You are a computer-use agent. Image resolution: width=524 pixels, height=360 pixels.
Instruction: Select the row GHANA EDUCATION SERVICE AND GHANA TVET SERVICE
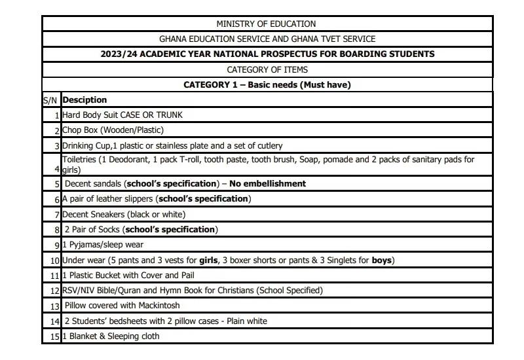pos(267,39)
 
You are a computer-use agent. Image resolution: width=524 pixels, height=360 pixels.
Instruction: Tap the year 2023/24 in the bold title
pos(122,54)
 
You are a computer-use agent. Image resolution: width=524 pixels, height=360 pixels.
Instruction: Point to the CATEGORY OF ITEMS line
pos(267,69)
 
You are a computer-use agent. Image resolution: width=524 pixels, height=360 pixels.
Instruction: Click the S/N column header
pos(50,100)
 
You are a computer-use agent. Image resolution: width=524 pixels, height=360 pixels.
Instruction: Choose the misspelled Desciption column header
pos(84,100)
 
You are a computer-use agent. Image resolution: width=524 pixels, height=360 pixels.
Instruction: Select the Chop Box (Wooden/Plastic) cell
pos(113,130)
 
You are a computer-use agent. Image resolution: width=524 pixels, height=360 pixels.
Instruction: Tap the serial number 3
pos(57,146)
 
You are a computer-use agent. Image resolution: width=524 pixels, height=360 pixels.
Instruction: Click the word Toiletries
pos(79,160)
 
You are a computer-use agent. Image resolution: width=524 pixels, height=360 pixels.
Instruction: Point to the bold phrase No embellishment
pos(267,184)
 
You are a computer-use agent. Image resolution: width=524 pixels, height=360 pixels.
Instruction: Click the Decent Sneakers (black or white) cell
pos(124,214)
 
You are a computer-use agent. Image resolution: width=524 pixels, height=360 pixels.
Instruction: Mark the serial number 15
pos(55,336)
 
